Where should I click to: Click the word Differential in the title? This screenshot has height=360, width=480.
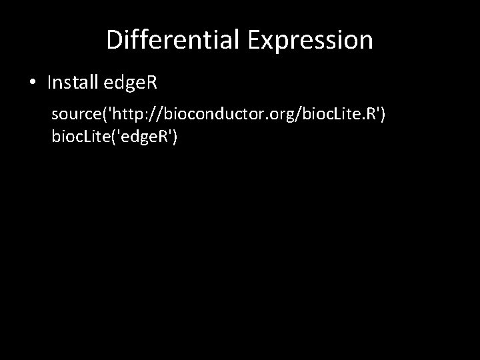pyautogui.click(x=174, y=40)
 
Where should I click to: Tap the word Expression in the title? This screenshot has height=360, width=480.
pyautogui.click(x=311, y=40)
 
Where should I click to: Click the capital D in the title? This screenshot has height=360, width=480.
pyautogui.click(x=113, y=40)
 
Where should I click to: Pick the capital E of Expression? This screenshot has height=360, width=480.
pyautogui.click(x=255, y=40)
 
